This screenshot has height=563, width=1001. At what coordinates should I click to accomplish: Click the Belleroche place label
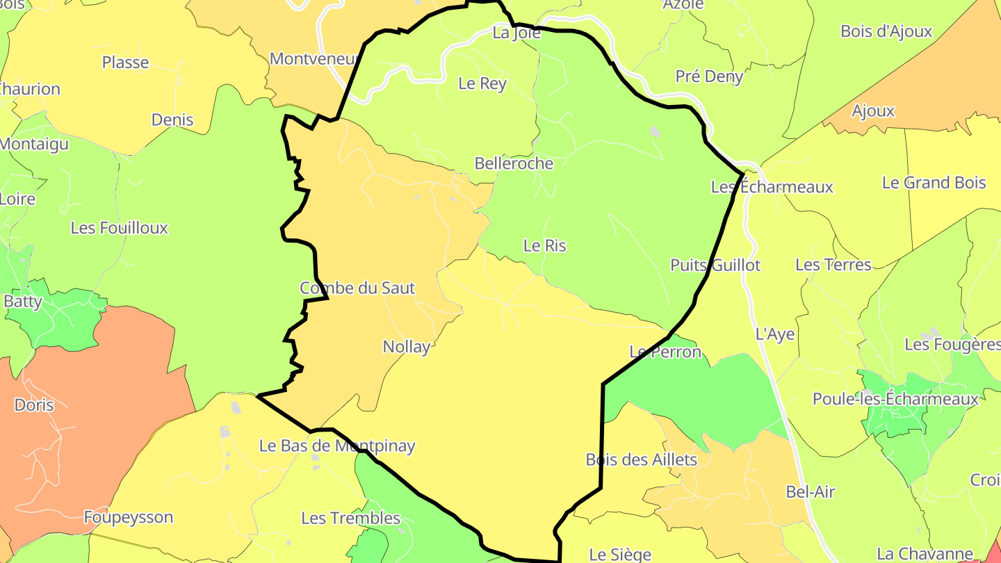pyautogui.click(x=514, y=163)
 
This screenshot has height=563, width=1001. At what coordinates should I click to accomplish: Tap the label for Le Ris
pyautogui.click(x=544, y=245)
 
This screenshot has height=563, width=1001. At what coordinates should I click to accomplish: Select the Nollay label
pyautogui.click(x=407, y=346)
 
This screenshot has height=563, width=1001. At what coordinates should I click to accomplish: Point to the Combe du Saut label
pyautogui.click(x=357, y=288)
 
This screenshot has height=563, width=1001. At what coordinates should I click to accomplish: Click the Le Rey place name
pyautogui.click(x=482, y=83)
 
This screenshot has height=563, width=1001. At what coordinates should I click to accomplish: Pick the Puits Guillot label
pyautogui.click(x=715, y=265)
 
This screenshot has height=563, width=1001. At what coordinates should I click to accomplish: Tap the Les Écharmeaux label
pyautogui.click(x=772, y=187)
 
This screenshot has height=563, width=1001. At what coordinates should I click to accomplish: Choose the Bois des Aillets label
pyautogui.click(x=641, y=459)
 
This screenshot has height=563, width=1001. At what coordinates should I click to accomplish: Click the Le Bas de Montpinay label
pyautogui.click(x=337, y=446)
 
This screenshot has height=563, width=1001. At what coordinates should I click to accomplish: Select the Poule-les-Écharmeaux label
pyautogui.click(x=895, y=400)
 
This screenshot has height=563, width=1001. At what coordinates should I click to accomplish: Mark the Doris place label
pyautogui.click(x=34, y=405)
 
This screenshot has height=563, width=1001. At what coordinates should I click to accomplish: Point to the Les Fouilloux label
pyautogui.click(x=120, y=228)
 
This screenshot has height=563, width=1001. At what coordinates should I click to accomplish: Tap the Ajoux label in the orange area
pyautogui.click(x=873, y=111)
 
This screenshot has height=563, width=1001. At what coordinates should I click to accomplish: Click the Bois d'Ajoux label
pyautogui.click(x=886, y=31)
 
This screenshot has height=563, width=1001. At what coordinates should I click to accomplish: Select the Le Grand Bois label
pyautogui.click(x=934, y=183)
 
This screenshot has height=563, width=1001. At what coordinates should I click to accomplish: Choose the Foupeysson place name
pyautogui.click(x=129, y=517)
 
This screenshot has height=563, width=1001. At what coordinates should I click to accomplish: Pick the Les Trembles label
pyautogui.click(x=350, y=518)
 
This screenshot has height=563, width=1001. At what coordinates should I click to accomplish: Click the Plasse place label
pyautogui.click(x=125, y=63)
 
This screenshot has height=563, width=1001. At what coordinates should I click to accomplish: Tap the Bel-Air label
pyautogui.click(x=810, y=492)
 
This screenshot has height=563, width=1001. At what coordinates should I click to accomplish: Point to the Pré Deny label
pyautogui.click(x=709, y=76)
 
